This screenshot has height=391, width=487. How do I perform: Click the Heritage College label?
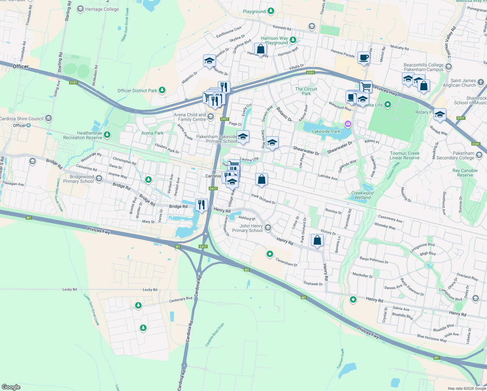coord(102,9)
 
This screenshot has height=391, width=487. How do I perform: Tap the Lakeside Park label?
coord(326,131)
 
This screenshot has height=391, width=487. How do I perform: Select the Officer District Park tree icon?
coord(162,90)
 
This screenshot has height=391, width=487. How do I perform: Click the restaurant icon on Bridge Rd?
coord(202,205)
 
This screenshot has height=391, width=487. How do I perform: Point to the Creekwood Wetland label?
coord(362,195)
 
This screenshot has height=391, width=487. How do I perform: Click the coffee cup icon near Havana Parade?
coord(364,58)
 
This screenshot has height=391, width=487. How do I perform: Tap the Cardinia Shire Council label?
coord(21,119)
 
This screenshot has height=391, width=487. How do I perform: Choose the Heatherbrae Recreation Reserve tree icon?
coord(107,135)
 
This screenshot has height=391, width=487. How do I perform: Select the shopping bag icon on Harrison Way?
coord(260,49)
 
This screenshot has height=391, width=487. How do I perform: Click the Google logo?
coord(11,387)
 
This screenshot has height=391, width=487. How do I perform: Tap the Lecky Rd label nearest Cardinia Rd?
coord(150,290)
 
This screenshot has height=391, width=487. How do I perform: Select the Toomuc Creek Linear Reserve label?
coord(405,155)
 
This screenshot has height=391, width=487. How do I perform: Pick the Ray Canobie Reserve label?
coord(465,173)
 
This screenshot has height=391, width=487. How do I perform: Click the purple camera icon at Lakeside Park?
coord(348,124)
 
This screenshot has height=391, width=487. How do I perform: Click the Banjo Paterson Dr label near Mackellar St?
coord(374,260)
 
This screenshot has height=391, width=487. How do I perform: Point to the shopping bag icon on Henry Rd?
coord(317,240)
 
